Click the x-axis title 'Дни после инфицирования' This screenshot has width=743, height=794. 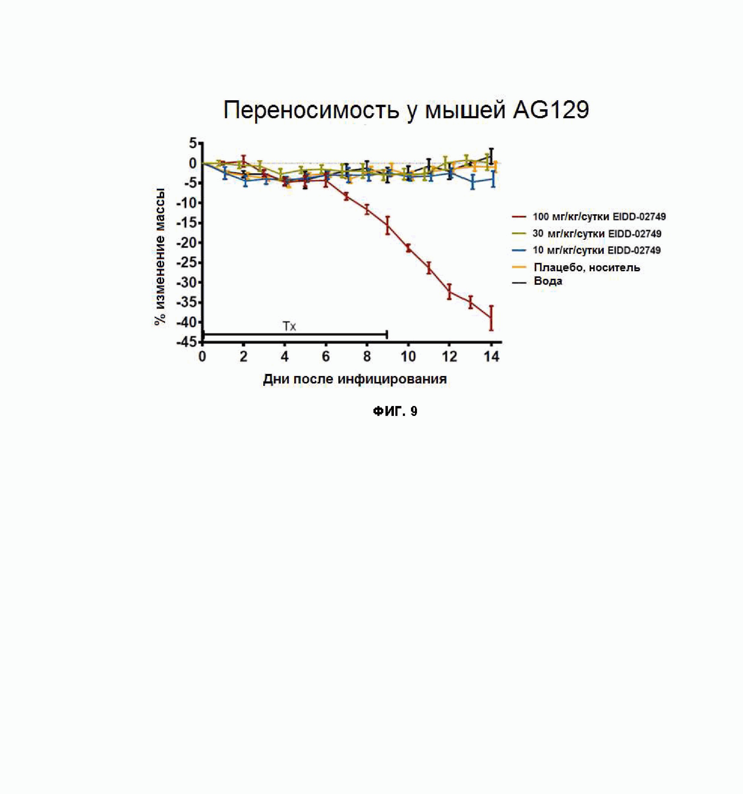[355, 379]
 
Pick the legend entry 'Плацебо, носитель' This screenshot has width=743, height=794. [586, 267]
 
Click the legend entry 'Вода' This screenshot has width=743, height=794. [548, 281]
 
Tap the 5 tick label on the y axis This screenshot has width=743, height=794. [193, 143]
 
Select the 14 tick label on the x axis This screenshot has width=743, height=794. [491, 356]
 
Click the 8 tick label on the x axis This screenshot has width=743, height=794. [367, 356]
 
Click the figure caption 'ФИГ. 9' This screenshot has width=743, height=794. [395, 411]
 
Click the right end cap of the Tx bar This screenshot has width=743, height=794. [387, 334]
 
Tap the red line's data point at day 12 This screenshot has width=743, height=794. [449, 291]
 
